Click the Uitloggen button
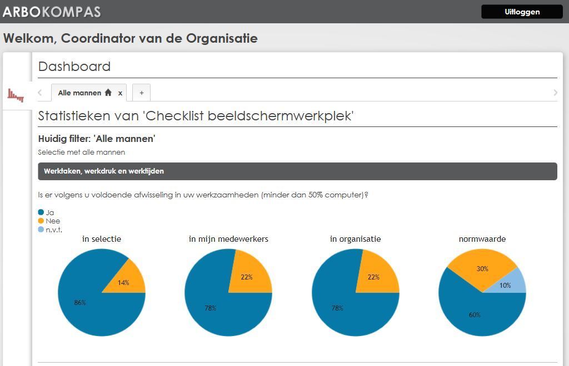(522, 12)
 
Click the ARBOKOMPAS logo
(52, 12)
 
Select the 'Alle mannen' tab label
(79, 93)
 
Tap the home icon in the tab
(108, 92)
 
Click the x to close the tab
(120, 93)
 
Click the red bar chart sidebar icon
(16, 95)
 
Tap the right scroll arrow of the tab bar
(555, 93)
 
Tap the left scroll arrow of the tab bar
(40, 93)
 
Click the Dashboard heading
(74, 66)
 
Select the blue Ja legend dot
(41, 212)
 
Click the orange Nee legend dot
(41, 221)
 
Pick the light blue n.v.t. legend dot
(41, 230)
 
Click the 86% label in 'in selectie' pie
(80, 303)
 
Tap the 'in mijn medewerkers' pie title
(228, 239)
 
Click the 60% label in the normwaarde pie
(475, 315)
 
